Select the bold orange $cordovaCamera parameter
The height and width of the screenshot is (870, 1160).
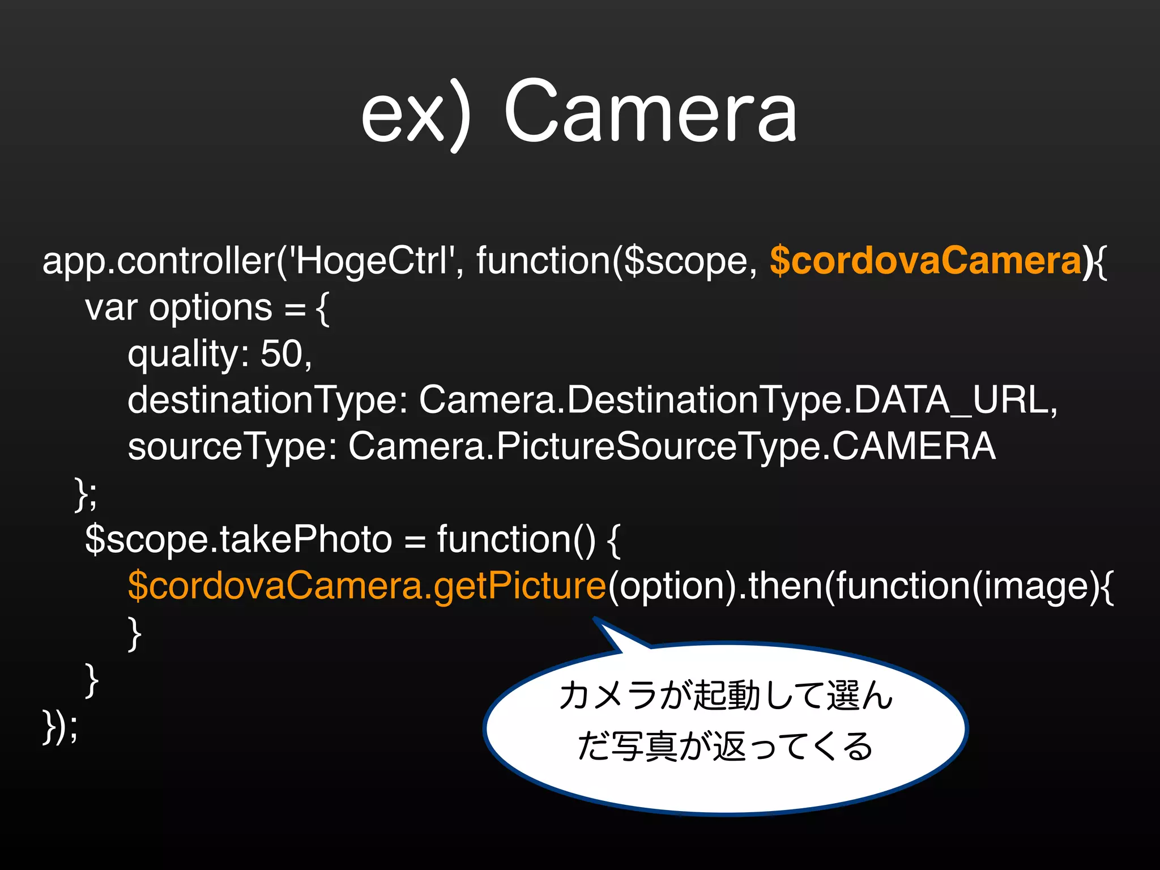pyautogui.click(x=926, y=261)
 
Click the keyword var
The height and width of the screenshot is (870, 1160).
pyautogui.click(x=111, y=308)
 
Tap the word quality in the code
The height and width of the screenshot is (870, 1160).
pyautogui.click(x=184, y=356)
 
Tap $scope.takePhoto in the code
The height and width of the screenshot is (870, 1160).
pyautogui.click(x=238, y=539)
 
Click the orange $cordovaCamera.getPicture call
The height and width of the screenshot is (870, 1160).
pyautogui.click(x=367, y=586)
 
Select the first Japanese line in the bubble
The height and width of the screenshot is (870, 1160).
pyautogui.click(x=725, y=696)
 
